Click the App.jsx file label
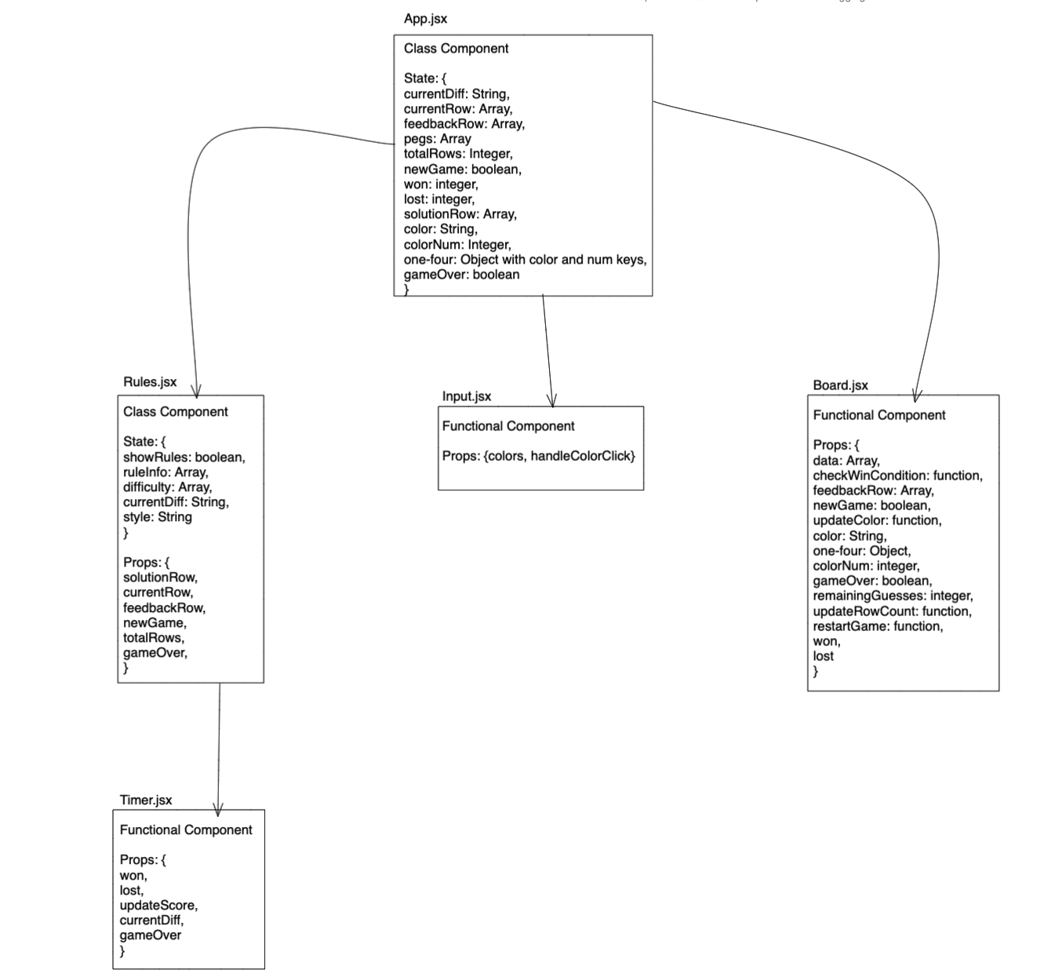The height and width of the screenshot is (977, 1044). [425, 19]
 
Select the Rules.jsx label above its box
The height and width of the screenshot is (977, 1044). [150, 382]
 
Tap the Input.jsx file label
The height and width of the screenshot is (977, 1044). [466, 396]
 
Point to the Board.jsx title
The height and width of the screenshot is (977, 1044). [840, 385]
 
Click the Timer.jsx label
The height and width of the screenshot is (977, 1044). [145, 800]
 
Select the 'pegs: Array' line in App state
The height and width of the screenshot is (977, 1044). [437, 139]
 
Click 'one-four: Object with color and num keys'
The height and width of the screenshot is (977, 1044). [525, 260]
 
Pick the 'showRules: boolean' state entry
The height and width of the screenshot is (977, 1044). [184, 458]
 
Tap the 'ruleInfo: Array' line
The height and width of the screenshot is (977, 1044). [166, 472]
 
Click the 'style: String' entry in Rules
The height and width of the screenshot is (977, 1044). [157, 517]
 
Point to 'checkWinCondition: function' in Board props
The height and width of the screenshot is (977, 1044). [897, 476]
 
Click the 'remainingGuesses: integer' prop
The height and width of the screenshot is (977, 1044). [893, 596]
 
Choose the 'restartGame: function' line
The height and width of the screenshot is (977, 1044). [878, 626]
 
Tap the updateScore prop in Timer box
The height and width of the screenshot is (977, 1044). [158, 906]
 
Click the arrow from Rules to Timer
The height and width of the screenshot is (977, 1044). [219, 746]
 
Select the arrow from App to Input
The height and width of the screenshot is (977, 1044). [547, 349]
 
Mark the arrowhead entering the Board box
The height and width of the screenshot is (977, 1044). [916, 396]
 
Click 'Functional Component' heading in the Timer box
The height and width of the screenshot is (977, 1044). [186, 830]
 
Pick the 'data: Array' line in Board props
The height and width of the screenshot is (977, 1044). [846, 461]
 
